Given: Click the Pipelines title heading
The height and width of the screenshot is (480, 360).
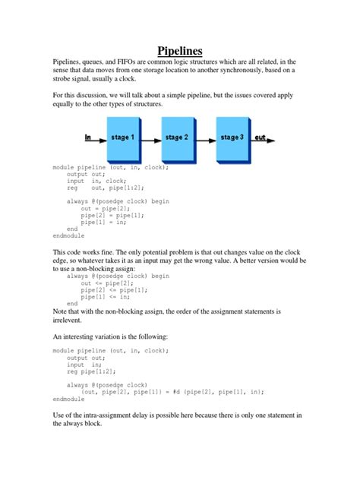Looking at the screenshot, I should pos(179,51).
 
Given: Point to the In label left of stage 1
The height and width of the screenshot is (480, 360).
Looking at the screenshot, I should pos(88,137).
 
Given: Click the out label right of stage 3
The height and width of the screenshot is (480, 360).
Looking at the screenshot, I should pos(261,137).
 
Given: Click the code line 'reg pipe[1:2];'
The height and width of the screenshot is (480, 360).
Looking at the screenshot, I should pos(89,371).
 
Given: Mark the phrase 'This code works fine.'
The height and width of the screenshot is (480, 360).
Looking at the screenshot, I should pos(86,251).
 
